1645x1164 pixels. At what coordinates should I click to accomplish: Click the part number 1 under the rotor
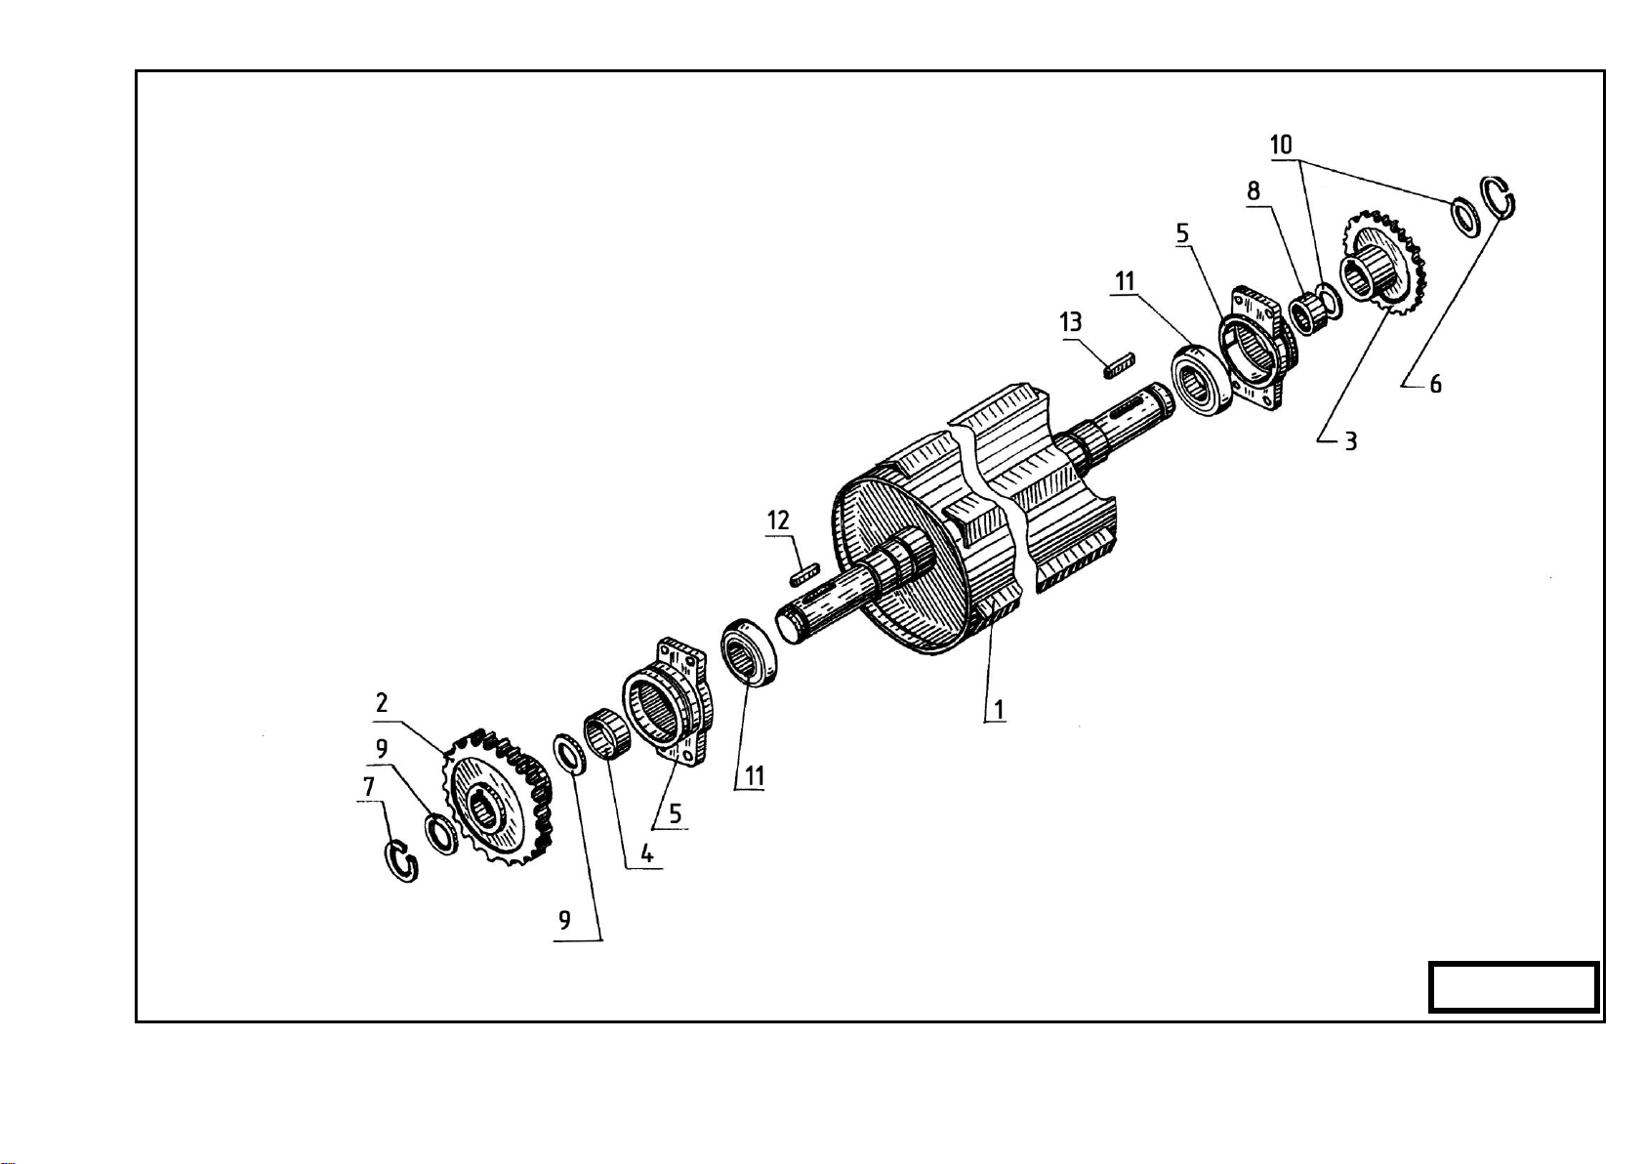(998, 709)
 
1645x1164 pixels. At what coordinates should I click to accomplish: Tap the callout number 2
(382, 703)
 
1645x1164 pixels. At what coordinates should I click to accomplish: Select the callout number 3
(1350, 440)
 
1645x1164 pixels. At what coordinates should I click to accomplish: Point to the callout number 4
(646, 853)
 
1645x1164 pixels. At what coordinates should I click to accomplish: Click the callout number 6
(1435, 384)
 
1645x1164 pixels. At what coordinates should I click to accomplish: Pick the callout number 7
(369, 786)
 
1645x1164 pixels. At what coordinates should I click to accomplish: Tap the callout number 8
(1253, 191)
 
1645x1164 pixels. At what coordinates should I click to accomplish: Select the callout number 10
(1281, 145)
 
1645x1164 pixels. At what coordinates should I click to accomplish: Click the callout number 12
(778, 520)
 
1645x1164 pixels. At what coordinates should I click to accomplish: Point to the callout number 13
(1071, 321)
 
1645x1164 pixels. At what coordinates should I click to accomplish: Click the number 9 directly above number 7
(381, 748)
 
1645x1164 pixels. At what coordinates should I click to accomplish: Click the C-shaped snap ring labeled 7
(403, 860)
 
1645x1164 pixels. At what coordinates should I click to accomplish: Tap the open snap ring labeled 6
(1498, 198)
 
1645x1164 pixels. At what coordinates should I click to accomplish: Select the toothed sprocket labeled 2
(497, 798)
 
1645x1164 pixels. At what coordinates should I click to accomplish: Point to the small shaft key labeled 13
(1119, 365)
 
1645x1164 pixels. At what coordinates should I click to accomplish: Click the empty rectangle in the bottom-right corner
(1513, 987)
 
